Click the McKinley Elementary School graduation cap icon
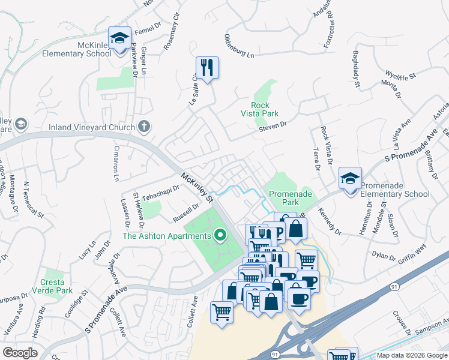pyautogui.click(x=120, y=38)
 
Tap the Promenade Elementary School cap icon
pyautogui.click(x=350, y=178)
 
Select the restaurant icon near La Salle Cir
pyautogui.click(x=207, y=68)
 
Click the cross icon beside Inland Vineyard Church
pyautogui.click(x=143, y=126)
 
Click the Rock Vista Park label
pyautogui.click(x=260, y=109)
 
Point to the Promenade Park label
pyautogui.click(x=291, y=198)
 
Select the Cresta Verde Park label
pyautogui.click(x=56, y=286)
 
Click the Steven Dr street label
pyautogui.click(x=274, y=126)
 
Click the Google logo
pyautogui.click(x=20, y=353)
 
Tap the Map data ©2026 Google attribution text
pyautogui.click(x=412, y=355)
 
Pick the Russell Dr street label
pyautogui.click(x=185, y=212)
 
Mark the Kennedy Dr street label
pyautogui.click(x=330, y=223)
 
